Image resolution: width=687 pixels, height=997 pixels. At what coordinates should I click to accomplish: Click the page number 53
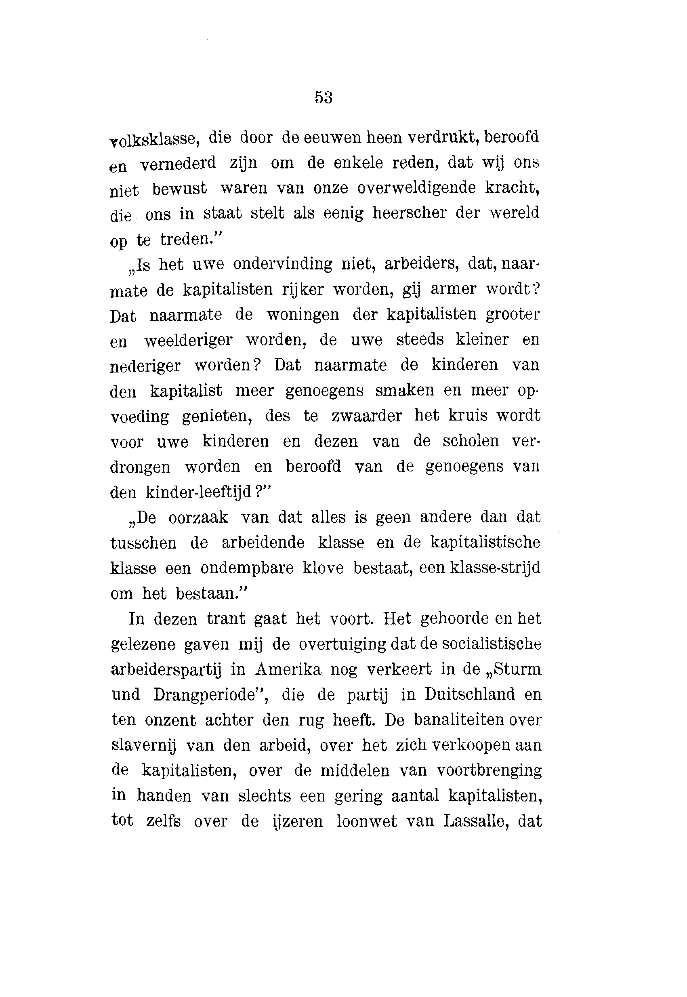(x=324, y=97)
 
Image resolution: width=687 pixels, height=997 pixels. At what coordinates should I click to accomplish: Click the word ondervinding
(x=282, y=264)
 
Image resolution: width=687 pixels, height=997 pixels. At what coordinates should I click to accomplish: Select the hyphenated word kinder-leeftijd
(x=198, y=492)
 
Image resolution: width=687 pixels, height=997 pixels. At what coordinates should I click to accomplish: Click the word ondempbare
(x=247, y=569)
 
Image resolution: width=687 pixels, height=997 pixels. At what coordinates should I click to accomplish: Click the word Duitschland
(x=470, y=695)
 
